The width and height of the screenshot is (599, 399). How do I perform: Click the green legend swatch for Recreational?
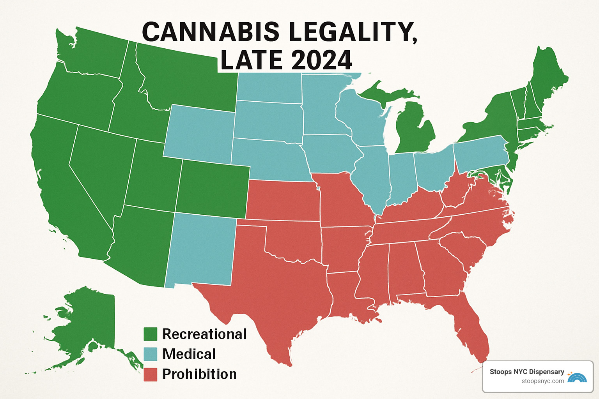[x=150, y=334]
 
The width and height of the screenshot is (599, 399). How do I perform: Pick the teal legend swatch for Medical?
[x=150, y=354]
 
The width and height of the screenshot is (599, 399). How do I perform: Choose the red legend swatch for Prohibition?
[x=150, y=374]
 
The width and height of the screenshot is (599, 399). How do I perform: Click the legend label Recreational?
[x=204, y=334]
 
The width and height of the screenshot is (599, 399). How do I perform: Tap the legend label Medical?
[x=189, y=354]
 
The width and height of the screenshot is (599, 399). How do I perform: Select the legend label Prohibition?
[x=199, y=374]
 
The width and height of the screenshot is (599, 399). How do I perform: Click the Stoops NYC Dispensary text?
[x=527, y=372]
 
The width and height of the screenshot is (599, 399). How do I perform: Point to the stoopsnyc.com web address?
[x=543, y=381]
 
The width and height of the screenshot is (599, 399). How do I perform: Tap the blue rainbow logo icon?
[x=577, y=377]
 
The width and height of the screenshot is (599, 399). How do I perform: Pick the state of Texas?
[x=273, y=288]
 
